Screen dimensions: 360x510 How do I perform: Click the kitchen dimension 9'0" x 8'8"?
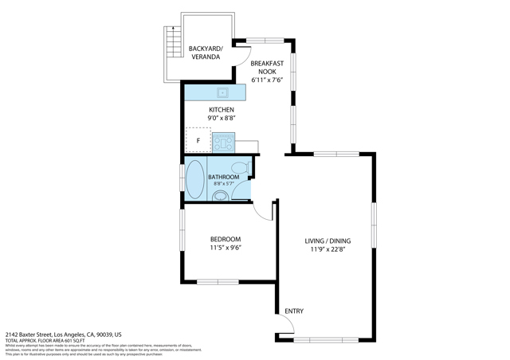click(x=221, y=118)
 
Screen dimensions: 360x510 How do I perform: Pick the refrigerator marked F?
click(x=198, y=140)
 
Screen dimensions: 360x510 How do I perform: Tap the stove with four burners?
click(x=222, y=143)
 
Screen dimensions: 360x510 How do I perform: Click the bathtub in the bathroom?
click(x=194, y=180)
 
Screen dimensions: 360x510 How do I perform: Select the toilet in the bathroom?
click(x=219, y=194)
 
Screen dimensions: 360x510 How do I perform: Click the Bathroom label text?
click(x=223, y=177)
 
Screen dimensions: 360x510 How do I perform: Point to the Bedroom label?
click(x=225, y=239)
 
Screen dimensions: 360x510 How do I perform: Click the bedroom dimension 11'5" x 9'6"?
click(x=225, y=248)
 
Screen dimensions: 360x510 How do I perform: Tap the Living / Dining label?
click(x=328, y=241)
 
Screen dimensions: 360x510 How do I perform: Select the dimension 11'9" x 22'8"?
click(x=328, y=249)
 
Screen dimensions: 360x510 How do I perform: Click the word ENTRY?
click(x=293, y=311)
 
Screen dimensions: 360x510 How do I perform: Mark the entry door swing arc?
click(x=288, y=327)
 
